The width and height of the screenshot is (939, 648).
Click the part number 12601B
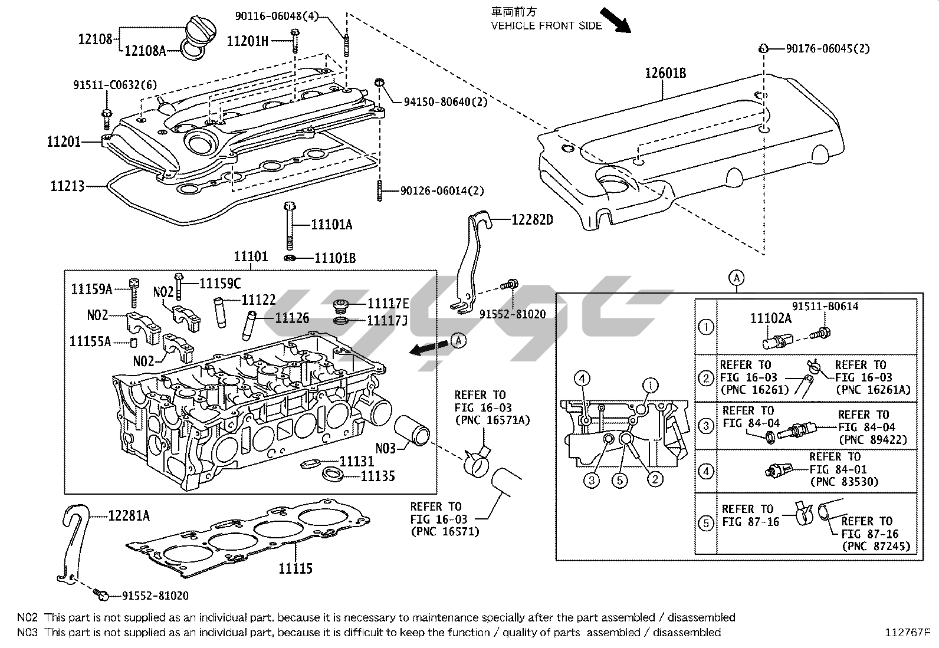pyautogui.click(x=665, y=74)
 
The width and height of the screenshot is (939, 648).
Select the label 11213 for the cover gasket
pyautogui.click(x=67, y=186)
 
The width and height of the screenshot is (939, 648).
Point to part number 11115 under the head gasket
pyautogui.click(x=296, y=568)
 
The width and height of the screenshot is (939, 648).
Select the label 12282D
pyautogui.click(x=532, y=221)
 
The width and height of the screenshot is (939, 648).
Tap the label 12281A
pyautogui.click(x=129, y=516)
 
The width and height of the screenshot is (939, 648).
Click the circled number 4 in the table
pyautogui.click(x=705, y=471)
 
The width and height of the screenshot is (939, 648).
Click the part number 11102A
pyautogui.click(x=770, y=319)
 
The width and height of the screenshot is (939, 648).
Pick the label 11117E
pyautogui.click(x=388, y=304)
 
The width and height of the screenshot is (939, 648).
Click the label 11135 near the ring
pyautogui.click(x=377, y=476)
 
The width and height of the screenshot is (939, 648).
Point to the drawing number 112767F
pyautogui.click(x=907, y=633)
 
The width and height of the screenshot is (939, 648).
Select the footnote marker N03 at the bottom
pyautogui.click(x=27, y=632)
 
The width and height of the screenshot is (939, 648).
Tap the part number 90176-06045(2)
pyautogui.click(x=828, y=49)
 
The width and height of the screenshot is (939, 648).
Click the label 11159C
pyautogui.click(x=220, y=284)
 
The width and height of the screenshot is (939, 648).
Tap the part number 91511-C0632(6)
pyautogui.click(x=115, y=85)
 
